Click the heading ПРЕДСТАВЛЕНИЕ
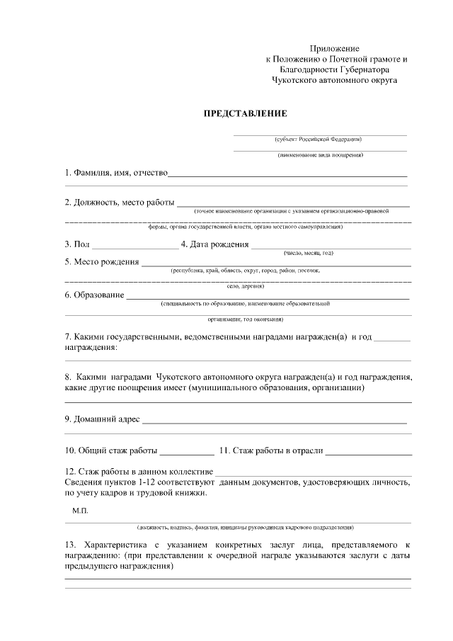pos(246,113)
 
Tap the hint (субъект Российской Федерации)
pos(320,139)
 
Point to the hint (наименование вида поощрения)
pos(320,155)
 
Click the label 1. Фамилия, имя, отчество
pos(115,173)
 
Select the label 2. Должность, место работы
pos(120,203)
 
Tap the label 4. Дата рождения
pos(214,245)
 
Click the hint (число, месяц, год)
pos(309,253)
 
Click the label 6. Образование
pos(95,295)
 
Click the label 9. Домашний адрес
pos(103,420)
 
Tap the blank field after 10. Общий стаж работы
pos(186,450)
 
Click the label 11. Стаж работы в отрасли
pos(272,450)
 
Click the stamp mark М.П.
pos(80,510)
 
